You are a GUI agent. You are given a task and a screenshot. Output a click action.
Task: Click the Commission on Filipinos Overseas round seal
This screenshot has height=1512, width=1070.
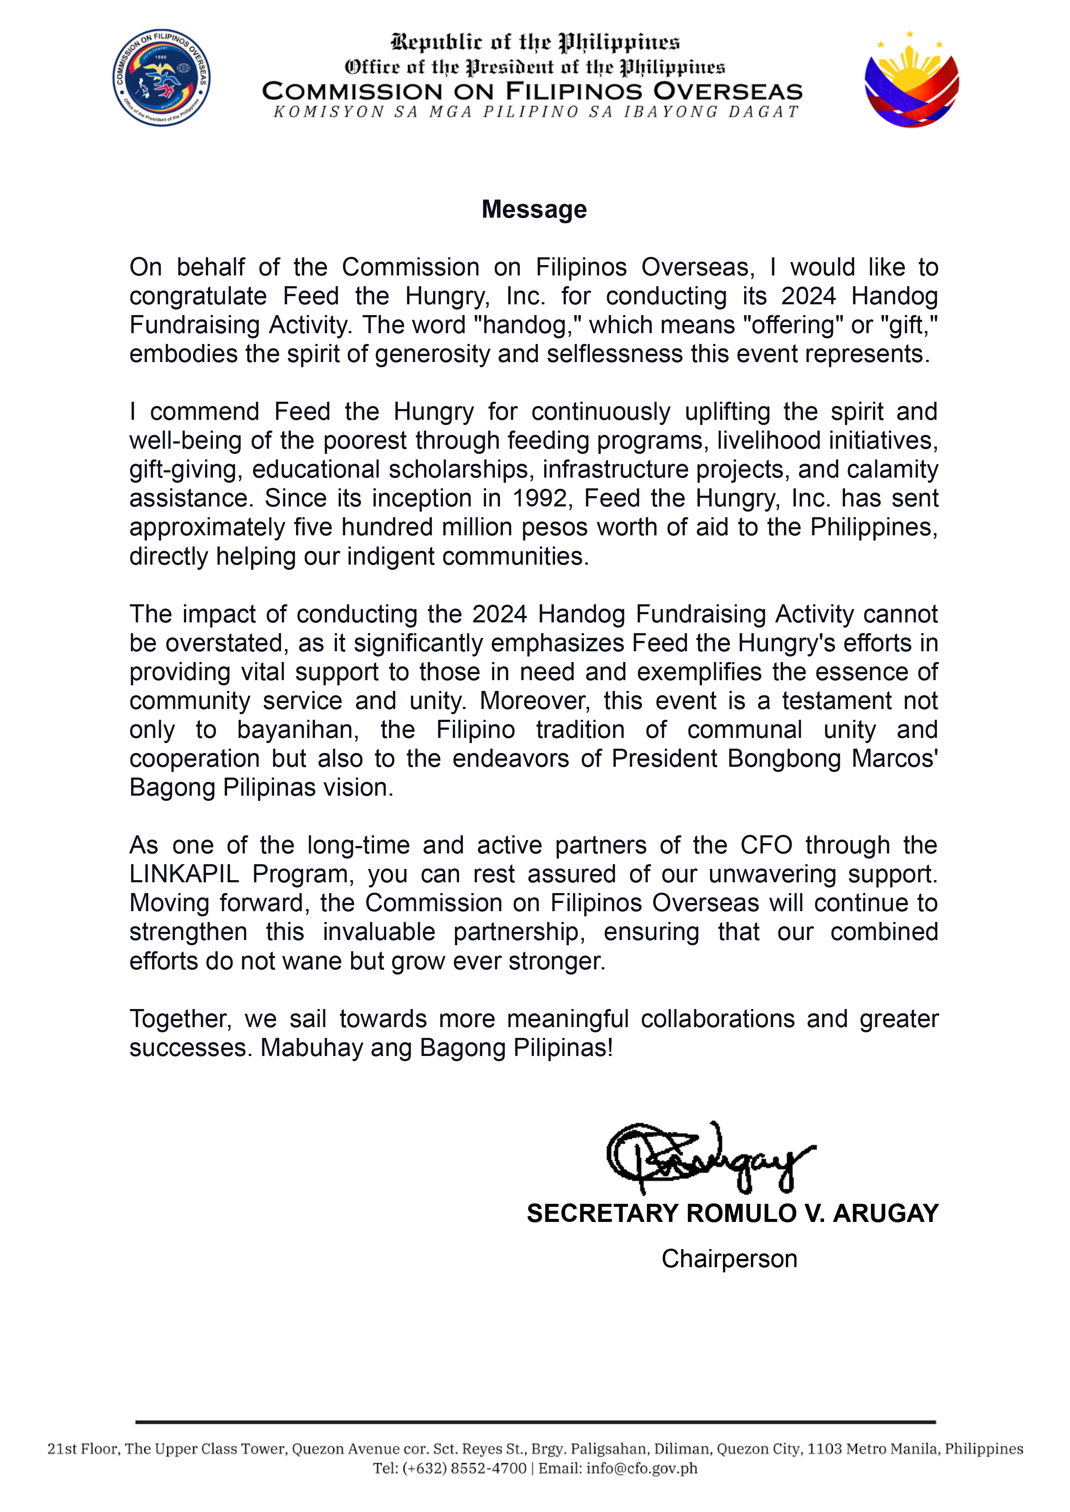[162, 78]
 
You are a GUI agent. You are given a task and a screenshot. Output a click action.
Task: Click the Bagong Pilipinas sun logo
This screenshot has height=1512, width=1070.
[911, 80]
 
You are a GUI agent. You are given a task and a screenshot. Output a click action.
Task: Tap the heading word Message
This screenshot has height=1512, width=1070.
[534, 209]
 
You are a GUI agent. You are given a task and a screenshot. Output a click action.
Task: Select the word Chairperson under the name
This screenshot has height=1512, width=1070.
[730, 1259]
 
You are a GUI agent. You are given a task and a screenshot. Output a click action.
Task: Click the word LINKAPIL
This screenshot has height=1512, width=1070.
[184, 874]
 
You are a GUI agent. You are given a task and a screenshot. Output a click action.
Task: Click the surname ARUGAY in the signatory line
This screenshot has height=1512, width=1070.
[886, 1214]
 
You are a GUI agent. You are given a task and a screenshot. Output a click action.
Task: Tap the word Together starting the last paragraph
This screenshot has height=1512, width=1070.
[180, 1019]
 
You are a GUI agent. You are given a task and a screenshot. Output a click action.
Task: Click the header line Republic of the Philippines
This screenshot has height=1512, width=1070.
[535, 43]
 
